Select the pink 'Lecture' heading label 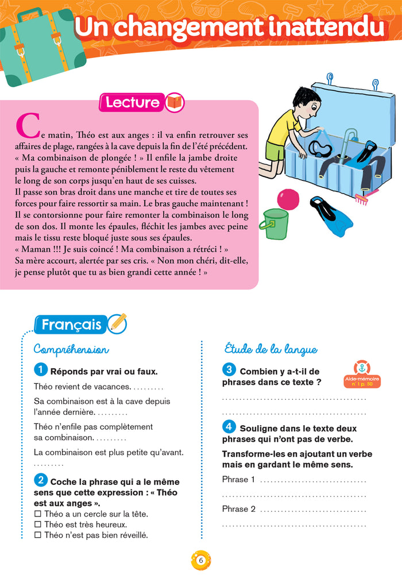pyautogui.click(x=132, y=103)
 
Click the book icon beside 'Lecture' pyautogui.click(x=175, y=103)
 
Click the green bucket pyautogui.click(x=275, y=224)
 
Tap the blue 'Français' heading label pyautogui.click(x=71, y=325)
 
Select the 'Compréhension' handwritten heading pyautogui.click(x=71, y=349)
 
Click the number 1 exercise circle pyautogui.click(x=41, y=370)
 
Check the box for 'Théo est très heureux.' pyautogui.click(x=38, y=525)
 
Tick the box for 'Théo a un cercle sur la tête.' pyautogui.click(x=38, y=514)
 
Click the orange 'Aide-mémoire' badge pyautogui.click(x=362, y=374)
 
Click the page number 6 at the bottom pyautogui.click(x=200, y=560)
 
